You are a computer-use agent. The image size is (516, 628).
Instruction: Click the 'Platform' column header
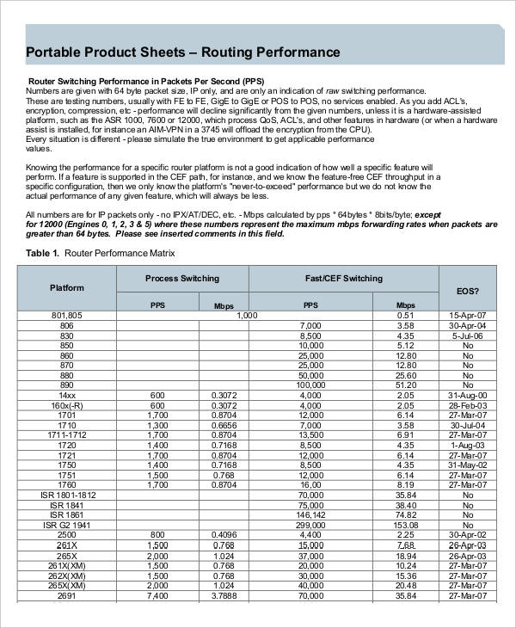pyautogui.click(x=66, y=287)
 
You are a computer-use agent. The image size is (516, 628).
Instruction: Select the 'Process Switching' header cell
pyautogui.click(x=181, y=279)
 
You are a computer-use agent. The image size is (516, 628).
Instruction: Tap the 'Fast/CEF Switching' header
pyautogui.click(x=344, y=279)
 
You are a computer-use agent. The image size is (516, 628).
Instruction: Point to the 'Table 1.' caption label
pyautogui.click(x=43, y=254)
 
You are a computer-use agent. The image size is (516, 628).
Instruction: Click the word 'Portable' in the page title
pyautogui.click(x=58, y=52)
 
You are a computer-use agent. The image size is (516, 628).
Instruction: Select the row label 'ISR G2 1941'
pyautogui.click(x=66, y=524)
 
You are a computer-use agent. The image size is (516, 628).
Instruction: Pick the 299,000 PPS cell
pyautogui.click(x=310, y=524)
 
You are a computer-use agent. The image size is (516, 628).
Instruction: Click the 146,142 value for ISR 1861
pyautogui.click(x=310, y=514)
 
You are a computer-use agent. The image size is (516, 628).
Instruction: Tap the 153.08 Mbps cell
pyautogui.click(x=406, y=524)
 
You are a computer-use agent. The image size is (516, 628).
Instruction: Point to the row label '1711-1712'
pyautogui.click(x=66, y=435)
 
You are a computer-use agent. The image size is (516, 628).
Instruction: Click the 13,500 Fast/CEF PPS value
pyautogui.click(x=310, y=435)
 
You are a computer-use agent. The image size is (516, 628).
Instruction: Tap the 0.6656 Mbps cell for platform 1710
pyautogui.click(x=224, y=425)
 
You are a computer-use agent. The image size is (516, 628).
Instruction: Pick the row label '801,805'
pyautogui.click(x=66, y=316)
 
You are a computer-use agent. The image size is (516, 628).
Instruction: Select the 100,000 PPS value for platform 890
pyautogui.click(x=310, y=385)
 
